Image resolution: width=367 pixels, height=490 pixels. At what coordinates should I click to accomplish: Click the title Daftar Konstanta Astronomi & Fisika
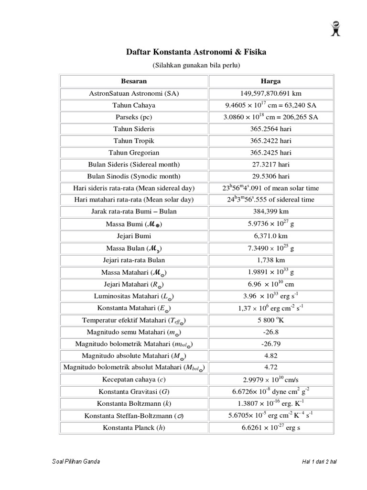pos(196,51)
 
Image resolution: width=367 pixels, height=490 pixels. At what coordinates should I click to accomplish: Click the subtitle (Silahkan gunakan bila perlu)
pos(196,64)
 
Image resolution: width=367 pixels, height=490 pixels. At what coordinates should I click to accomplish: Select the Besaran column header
pos(134,81)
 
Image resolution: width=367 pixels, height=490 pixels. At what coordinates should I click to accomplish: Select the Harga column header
pos(270,81)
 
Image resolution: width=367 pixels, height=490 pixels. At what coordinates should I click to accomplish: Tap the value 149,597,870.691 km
pos(270,93)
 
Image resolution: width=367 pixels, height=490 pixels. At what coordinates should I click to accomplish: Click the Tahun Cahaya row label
pos(134,105)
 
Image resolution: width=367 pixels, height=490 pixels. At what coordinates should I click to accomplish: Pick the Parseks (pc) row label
pos(134,117)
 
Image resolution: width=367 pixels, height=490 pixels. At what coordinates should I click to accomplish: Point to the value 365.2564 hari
pos(270,129)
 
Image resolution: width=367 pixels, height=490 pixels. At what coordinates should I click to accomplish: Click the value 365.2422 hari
pos(270,141)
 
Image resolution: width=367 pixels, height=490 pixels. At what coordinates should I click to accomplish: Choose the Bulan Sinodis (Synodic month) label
pos(134,177)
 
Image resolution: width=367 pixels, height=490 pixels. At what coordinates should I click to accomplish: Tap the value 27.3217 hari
pos(270,165)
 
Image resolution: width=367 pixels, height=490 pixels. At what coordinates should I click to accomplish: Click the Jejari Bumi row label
pos(134,236)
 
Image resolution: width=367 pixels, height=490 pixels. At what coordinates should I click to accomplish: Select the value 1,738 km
pos(270,260)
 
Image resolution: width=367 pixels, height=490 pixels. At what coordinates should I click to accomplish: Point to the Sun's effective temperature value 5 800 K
pos(270,320)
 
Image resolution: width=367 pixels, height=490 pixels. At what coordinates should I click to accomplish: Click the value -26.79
pos(270,344)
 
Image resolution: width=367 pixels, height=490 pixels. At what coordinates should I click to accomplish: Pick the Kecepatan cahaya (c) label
pos(134,379)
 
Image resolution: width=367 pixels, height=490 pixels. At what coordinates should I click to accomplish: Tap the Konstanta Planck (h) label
pos(134,427)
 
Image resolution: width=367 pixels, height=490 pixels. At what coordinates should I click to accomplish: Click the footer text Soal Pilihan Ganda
pos(75,462)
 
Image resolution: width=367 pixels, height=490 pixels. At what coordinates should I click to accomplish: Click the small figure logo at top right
pos(335,29)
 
